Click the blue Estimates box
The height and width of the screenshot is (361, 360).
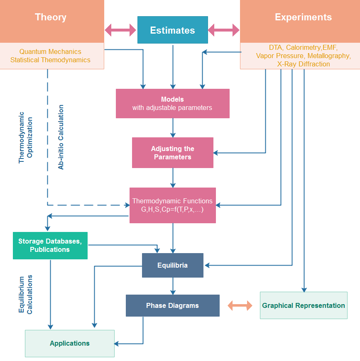coord(173,30)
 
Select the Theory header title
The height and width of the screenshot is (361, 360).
coord(51,17)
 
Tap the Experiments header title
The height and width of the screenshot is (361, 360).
coord(304,17)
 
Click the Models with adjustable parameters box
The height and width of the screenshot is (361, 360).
coord(173,104)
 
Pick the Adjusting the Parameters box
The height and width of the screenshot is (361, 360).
coord(173,153)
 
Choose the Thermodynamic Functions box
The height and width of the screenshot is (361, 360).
coord(173,205)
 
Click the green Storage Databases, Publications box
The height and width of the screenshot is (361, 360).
coord(50,246)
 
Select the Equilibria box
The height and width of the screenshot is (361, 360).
coord(173,266)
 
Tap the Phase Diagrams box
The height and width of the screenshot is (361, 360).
coord(173,305)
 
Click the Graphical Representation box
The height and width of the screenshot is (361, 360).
coord(304,305)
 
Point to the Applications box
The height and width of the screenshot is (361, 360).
coord(70,344)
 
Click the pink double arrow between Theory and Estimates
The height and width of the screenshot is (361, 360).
coord(120,30)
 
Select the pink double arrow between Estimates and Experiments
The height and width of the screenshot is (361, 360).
coord(224,30)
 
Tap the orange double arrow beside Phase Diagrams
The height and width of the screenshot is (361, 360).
coord(240,305)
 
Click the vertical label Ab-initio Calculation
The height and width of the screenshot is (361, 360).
coord(61,137)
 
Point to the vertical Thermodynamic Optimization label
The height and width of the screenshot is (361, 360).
coord(25,138)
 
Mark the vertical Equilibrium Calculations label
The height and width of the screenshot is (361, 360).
coord(25,295)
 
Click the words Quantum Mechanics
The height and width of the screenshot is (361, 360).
coord(50,51)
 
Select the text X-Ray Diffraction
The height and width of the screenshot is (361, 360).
coord(304,64)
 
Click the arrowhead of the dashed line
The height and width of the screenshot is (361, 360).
coord(127,205)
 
